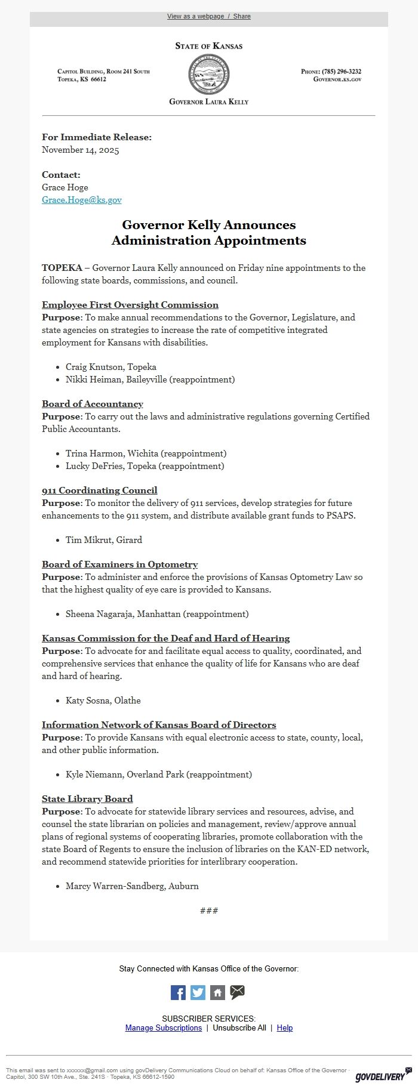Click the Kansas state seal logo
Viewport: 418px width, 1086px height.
(x=208, y=74)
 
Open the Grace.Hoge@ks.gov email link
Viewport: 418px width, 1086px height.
(x=82, y=200)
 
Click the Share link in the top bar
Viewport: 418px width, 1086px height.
(x=242, y=17)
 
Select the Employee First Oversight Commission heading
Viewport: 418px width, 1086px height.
(x=130, y=305)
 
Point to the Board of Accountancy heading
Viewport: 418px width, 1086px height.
(x=93, y=404)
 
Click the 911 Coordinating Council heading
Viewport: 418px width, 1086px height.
(x=100, y=490)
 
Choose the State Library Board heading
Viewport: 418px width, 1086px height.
(x=87, y=799)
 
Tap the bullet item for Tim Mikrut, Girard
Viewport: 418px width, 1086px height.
(x=104, y=540)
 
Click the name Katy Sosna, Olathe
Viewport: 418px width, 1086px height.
(x=103, y=701)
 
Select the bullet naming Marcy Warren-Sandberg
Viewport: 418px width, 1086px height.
(x=132, y=886)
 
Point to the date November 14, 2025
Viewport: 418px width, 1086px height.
(x=81, y=150)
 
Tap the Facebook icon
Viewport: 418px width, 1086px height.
(x=178, y=992)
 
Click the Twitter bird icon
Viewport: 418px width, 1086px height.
(x=198, y=992)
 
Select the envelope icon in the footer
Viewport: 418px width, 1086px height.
(x=237, y=992)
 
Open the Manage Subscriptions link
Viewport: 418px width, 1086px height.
(x=164, y=1028)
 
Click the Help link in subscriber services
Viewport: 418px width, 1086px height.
(x=285, y=1028)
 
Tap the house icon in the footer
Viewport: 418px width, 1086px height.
(x=217, y=992)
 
